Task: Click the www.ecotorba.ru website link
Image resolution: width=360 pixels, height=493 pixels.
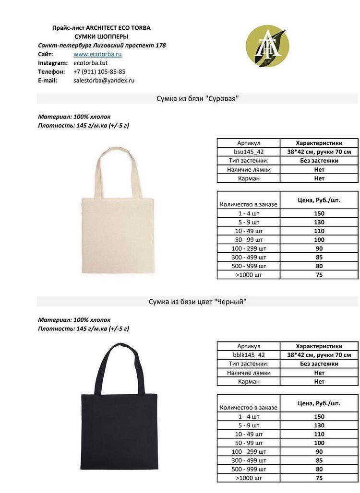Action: click(97, 54)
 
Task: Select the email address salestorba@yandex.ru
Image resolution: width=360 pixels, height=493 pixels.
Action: click(104, 81)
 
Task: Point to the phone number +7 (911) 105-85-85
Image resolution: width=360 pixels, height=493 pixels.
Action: click(99, 71)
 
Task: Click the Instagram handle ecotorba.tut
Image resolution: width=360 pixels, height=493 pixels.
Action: click(91, 63)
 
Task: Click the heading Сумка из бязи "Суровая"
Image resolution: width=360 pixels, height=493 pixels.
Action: click(197, 98)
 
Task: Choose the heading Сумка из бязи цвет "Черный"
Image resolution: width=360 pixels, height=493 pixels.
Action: click(197, 302)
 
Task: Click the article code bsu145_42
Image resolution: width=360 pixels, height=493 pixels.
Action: click(249, 152)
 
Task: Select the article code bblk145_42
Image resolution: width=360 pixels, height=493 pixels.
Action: click(249, 355)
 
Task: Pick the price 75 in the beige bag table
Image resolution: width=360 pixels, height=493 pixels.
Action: click(319, 275)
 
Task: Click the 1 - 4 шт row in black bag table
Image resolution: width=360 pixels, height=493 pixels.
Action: click(249, 417)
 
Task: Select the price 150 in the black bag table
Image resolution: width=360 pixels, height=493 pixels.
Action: click(319, 417)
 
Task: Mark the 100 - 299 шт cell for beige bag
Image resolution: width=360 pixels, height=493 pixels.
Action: click(249, 248)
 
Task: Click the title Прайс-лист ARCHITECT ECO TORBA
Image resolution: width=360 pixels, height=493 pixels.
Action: click(101, 28)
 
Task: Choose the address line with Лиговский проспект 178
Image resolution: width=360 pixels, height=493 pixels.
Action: click(102, 46)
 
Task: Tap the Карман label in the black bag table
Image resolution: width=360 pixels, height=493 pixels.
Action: click(249, 382)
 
